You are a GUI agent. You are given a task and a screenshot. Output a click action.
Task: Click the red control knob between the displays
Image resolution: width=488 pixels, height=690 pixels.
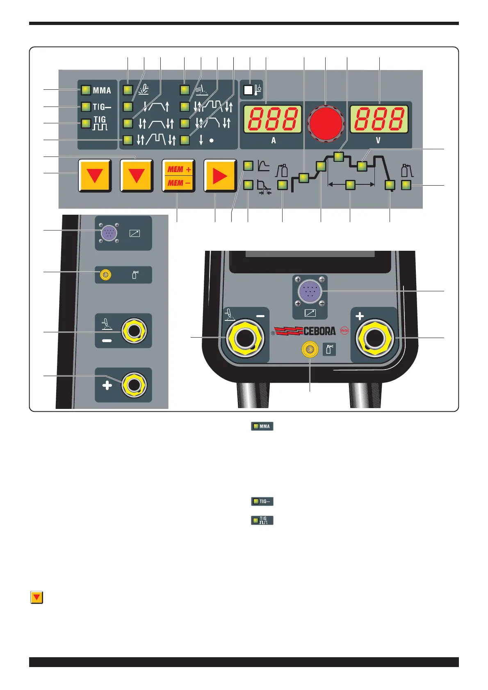coord(326,123)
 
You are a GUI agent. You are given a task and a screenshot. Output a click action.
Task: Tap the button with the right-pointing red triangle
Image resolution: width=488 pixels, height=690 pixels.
coord(220,176)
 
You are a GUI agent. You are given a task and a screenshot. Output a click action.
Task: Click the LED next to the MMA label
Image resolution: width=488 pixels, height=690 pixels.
coord(86,90)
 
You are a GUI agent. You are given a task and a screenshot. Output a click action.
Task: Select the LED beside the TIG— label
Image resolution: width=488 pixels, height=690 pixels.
coord(86,107)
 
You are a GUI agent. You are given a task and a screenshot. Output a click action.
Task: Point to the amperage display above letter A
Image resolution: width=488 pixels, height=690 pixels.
coord(273,119)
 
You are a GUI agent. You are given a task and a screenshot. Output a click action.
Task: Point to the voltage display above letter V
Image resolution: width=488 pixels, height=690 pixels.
coord(379,119)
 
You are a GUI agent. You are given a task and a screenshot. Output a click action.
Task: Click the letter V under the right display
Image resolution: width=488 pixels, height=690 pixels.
coord(378,141)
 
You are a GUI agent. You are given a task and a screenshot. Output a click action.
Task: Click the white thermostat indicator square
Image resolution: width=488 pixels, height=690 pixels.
coord(248,90)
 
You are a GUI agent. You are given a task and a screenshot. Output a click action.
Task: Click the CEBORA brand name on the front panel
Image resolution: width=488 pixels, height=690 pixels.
coord(319,331)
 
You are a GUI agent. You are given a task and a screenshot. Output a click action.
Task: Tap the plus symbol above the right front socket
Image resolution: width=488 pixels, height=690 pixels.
coord(360,316)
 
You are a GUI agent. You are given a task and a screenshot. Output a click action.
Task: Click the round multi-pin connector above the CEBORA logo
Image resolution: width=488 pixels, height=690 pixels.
coord(310,291)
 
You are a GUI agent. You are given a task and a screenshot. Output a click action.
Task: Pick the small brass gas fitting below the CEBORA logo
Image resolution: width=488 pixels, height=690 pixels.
coord(310,350)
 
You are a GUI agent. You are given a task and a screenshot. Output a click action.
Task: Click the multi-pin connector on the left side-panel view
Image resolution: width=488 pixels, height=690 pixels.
coord(109,234)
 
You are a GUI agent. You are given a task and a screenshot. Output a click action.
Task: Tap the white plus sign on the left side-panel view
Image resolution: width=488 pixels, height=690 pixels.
coord(107,386)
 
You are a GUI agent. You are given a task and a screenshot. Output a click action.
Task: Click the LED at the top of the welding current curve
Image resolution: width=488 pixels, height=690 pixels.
coord(339,157)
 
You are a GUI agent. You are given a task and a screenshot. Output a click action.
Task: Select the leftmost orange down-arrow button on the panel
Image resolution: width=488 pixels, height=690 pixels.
coord(95,176)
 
